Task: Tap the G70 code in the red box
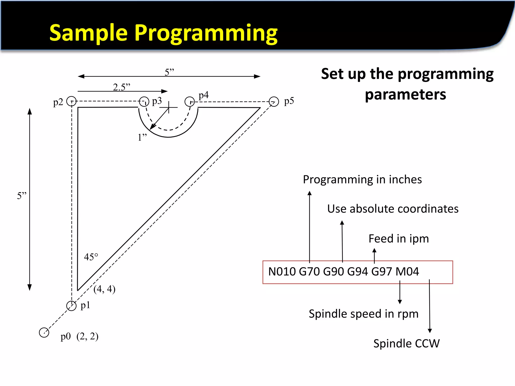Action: (x=309, y=272)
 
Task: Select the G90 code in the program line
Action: (x=333, y=272)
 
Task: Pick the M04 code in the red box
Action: (x=407, y=272)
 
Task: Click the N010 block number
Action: (x=282, y=272)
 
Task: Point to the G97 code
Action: (x=381, y=272)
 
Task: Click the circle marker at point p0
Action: (x=44, y=332)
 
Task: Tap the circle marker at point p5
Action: (x=274, y=102)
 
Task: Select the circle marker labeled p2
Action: (x=71, y=101)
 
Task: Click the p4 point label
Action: (x=203, y=95)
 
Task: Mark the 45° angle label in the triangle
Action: (x=91, y=257)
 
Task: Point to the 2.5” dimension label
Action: (x=121, y=87)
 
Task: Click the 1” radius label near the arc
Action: (x=142, y=137)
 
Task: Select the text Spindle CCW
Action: (x=406, y=344)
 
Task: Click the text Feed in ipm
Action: (x=399, y=239)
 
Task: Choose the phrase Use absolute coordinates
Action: (x=393, y=209)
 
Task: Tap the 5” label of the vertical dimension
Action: (x=22, y=196)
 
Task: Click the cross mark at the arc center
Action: (x=169, y=107)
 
